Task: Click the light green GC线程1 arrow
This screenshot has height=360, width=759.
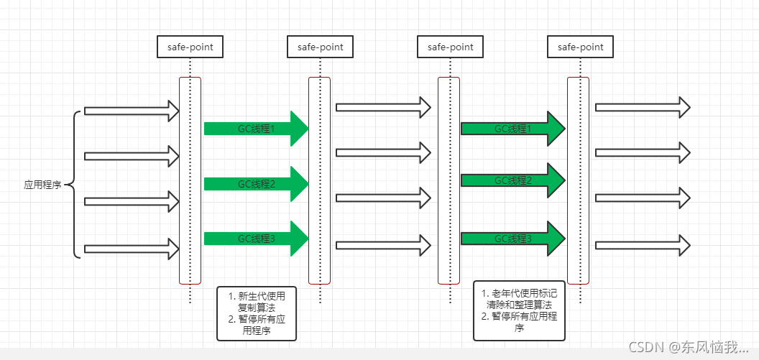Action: coord(255,129)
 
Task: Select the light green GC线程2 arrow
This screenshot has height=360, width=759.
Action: coord(255,184)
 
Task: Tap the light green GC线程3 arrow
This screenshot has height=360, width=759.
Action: coord(255,239)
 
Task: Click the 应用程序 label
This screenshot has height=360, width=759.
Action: coord(42,185)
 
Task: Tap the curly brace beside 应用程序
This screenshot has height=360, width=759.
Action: coord(75,185)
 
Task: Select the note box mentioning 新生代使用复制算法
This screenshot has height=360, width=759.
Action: coord(256,313)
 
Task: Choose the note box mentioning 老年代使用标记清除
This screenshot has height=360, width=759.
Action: coord(519,310)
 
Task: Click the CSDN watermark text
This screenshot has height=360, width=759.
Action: coord(688,347)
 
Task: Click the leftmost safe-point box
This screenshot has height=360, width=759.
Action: coord(190,47)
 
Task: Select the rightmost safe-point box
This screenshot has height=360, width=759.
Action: coord(581,47)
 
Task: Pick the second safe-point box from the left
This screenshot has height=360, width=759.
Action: coord(320,47)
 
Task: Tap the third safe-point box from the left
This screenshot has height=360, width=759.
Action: coord(451,47)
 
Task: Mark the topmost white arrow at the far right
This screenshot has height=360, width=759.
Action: coord(642,108)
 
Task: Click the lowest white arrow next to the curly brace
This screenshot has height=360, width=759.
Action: coord(132,249)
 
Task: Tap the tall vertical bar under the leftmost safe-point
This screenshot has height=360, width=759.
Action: coord(190,180)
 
